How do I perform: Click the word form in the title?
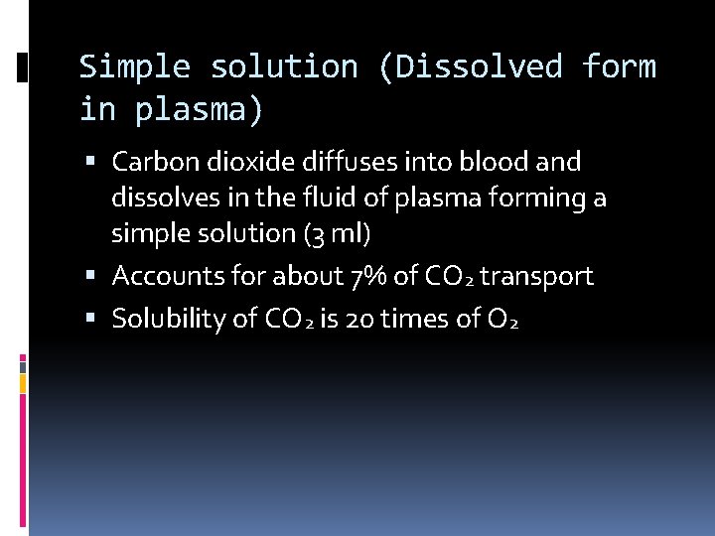coord(620,67)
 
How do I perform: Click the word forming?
coord(542,199)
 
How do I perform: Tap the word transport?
coord(536,276)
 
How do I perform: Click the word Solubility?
coord(160,319)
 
